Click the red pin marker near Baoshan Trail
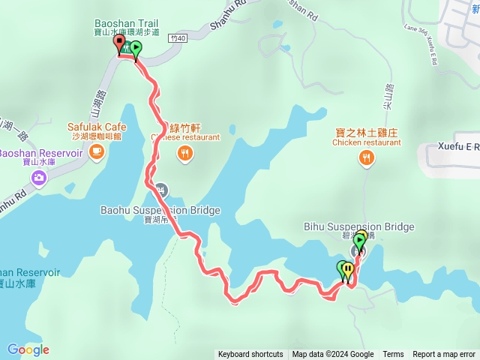pyautogui.click(x=119, y=43)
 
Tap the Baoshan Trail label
pyautogui.click(x=127, y=22)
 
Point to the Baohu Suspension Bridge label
pyautogui.click(x=160, y=210)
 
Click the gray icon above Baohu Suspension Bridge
pyautogui.click(x=162, y=189)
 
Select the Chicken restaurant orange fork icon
pyautogui.click(x=366, y=157)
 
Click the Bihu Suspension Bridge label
pyautogui.click(x=370, y=226)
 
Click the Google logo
pyautogui.click(x=28, y=349)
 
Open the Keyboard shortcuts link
pyautogui.click(x=250, y=355)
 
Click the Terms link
pyautogui.click(x=393, y=355)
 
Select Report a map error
pyautogui.click(x=444, y=355)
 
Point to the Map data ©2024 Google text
pyautogui.click(x=333, y=355)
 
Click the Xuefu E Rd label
pyautogui.click(x=459, y=148)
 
